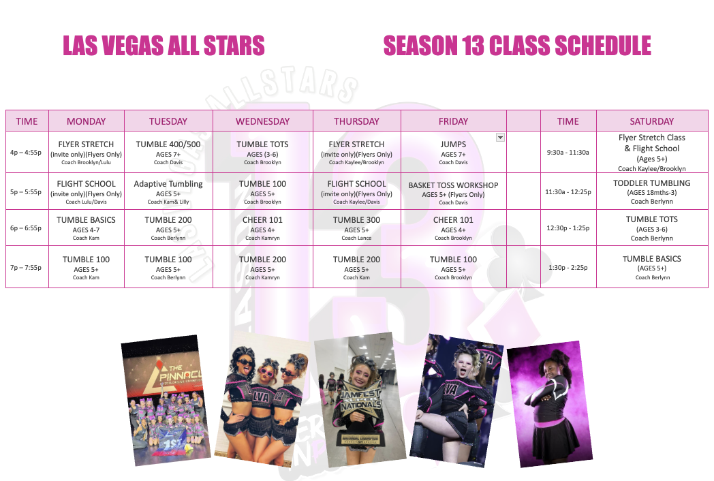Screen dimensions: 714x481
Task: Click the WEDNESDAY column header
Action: coord(263,121)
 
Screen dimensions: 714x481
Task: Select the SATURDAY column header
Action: coord(651,121)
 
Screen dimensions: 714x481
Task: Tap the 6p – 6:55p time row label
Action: coord(26,228)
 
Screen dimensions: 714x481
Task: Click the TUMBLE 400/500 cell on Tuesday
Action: coord(168,152)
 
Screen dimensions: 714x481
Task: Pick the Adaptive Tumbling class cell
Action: coord(168,191)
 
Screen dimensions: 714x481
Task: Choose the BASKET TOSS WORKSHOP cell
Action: coord(453,191)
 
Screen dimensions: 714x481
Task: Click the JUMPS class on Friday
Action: coord(453,152)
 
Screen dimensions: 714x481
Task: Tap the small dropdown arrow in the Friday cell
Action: coord(500,138)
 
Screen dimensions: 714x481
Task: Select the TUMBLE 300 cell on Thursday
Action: coord(356,228)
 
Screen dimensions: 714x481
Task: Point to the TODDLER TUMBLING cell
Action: coord(651,191)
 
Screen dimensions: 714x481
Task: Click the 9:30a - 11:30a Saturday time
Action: coord(568,152)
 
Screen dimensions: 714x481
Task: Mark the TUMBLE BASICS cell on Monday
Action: coord(86,228)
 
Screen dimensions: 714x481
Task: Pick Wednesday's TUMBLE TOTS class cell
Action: coord(263,152)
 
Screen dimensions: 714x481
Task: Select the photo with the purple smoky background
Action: coord(550,405)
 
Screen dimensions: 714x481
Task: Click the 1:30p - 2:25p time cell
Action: coord(568,267)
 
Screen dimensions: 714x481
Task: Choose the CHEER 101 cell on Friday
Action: coord(453,228)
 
